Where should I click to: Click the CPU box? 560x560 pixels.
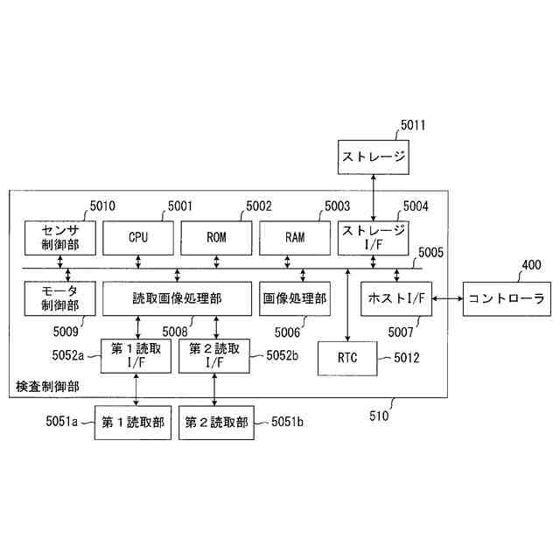tap(138, 237)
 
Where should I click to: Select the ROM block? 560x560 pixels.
tap(216, 237)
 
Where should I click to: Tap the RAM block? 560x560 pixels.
tap(294, 237)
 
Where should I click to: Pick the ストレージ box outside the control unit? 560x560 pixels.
tap(374, 157)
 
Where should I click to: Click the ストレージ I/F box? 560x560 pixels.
tap(374, 237)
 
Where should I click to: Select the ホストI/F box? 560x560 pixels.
tap(396, 299)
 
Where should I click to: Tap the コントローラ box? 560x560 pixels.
tap(506, 299)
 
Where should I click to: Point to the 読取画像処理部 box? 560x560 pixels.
tap(178, 298)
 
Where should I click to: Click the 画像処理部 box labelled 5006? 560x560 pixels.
tap(294, 298)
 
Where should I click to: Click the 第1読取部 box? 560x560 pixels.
tap(136, 422)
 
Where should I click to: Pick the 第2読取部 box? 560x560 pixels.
tap(214, 422)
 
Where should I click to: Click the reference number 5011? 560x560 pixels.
tap(413, 125)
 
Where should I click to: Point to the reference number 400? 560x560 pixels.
tap(531, 264)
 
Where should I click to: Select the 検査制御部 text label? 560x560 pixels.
tap(48, 386)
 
